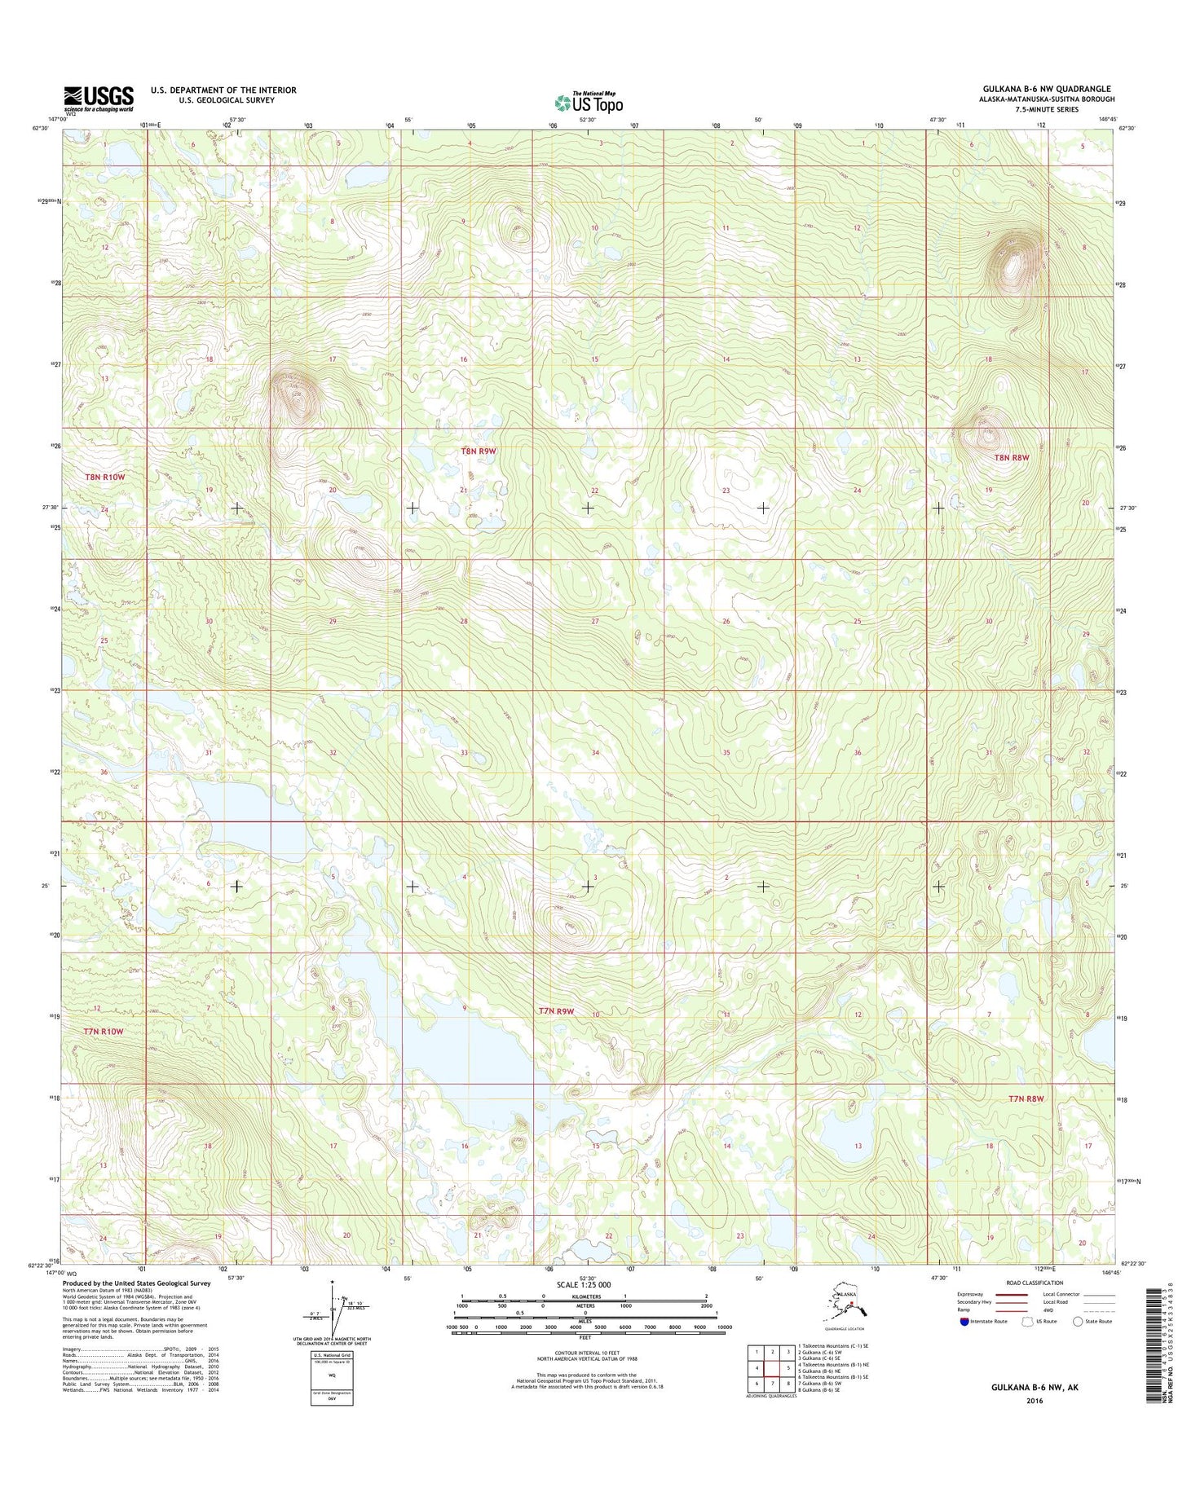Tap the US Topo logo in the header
click(x=589, y=103)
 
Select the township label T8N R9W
click(x=479, y=451)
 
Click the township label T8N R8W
click(x=1011, y=458)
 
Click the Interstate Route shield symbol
click(x=964, y=1321)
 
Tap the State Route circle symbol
click(x=1079, y=1321)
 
